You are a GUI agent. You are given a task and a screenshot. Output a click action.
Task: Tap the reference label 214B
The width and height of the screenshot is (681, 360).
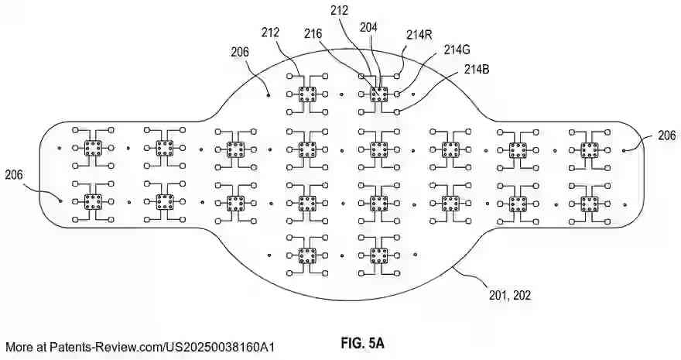tap(476, 70)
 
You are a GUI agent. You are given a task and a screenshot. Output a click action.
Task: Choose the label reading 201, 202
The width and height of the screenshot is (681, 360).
tap(511, 294)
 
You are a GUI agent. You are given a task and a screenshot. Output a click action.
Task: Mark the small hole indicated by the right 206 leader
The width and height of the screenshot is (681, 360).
tap(624, 151)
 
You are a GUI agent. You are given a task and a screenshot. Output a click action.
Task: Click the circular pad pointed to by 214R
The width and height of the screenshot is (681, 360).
tap(396, 76)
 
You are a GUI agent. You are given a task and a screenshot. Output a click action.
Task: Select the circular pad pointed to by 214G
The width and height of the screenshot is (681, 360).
tap(396, 94)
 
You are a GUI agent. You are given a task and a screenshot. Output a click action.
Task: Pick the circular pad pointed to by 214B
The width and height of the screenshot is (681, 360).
tap(396, 111)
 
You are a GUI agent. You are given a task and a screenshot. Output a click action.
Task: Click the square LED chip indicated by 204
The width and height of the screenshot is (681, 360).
tap(378, 94)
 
